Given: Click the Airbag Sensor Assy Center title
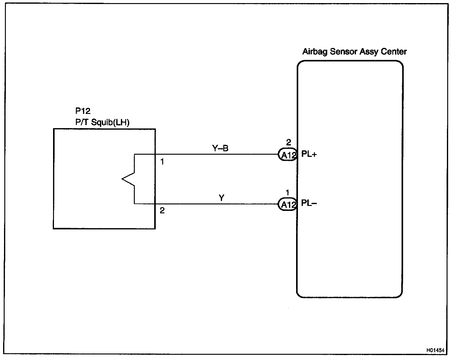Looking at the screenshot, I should point(354,52).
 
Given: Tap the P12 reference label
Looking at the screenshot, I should point(83,111).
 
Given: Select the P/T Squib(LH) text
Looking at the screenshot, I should point(102,123).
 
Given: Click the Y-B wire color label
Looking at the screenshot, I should point(220,149).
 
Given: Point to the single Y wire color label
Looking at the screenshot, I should point(221,198).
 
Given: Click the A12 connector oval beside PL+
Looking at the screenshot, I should point(287,155).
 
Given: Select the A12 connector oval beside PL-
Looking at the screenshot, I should point(287,204).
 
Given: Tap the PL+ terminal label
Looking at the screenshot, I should point(309,154).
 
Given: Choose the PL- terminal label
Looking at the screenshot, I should point(309,203).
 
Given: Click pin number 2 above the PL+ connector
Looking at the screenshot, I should point(288,142).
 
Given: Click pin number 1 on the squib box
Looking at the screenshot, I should point(162,161).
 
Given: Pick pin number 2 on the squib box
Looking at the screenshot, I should point(162,211).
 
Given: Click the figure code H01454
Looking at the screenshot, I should point(435,350).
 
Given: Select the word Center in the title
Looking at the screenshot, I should point(394,52).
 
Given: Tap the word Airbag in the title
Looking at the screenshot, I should point(315,52).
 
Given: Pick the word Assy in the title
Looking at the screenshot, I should point(368,52).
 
